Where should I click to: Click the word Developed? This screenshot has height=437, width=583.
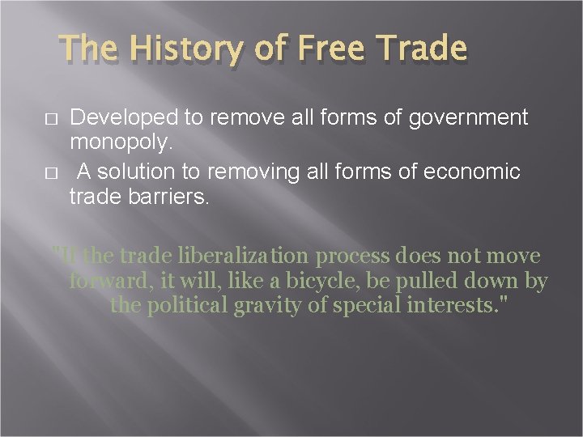(121, 118)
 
